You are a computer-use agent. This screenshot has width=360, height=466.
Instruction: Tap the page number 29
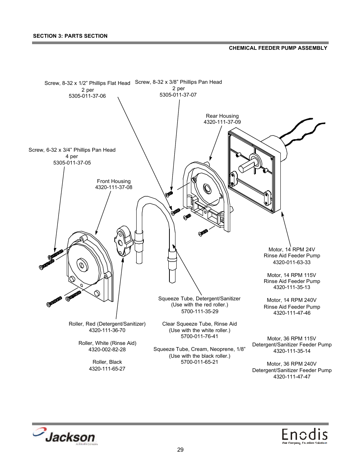[180, 450]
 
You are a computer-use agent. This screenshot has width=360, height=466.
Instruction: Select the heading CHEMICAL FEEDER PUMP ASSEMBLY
[278, 48]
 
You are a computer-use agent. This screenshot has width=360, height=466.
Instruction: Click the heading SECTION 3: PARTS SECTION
[70, 36]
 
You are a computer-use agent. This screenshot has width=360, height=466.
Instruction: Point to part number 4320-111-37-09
[222, 122]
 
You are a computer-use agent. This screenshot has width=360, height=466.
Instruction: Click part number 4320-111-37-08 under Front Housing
[114, 188]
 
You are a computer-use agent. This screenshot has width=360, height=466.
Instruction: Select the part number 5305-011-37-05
[72, 163]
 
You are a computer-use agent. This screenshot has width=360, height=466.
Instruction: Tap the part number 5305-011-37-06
[87, 96]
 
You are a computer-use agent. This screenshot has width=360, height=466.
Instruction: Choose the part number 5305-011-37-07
[178, 95]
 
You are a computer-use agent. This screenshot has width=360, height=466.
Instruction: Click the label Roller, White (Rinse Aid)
[107, 343]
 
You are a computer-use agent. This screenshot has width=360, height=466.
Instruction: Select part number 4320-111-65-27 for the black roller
[107, 369]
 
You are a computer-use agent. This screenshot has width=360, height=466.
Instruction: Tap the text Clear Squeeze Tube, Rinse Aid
[199, 324]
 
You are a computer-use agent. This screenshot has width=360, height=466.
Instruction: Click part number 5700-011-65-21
[199, 362]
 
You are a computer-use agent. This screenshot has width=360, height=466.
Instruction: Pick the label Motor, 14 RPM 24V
[291, 249]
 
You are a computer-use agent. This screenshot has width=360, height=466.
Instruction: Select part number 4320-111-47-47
[292, 377]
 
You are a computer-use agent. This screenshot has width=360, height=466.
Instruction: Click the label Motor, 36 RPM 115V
[291, 338]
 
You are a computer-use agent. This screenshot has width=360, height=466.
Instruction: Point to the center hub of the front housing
[81, 264]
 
